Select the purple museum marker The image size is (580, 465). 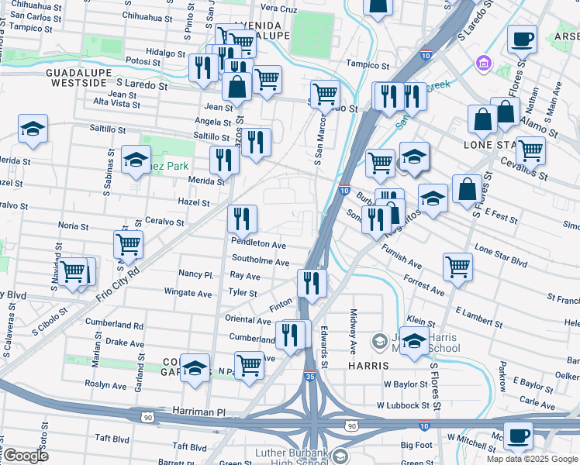point(484,62)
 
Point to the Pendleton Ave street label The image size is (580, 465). point(259,243)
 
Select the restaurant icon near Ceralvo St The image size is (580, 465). point(242,219)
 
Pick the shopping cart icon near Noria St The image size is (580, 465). point(128,244)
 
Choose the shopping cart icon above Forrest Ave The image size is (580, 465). point(457,266)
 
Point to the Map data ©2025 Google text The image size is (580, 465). point(532,459)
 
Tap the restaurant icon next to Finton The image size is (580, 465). point(312,283)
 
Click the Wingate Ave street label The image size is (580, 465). point(188,293)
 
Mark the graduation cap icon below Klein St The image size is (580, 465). point(415,342)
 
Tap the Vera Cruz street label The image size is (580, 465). point(278,9)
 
